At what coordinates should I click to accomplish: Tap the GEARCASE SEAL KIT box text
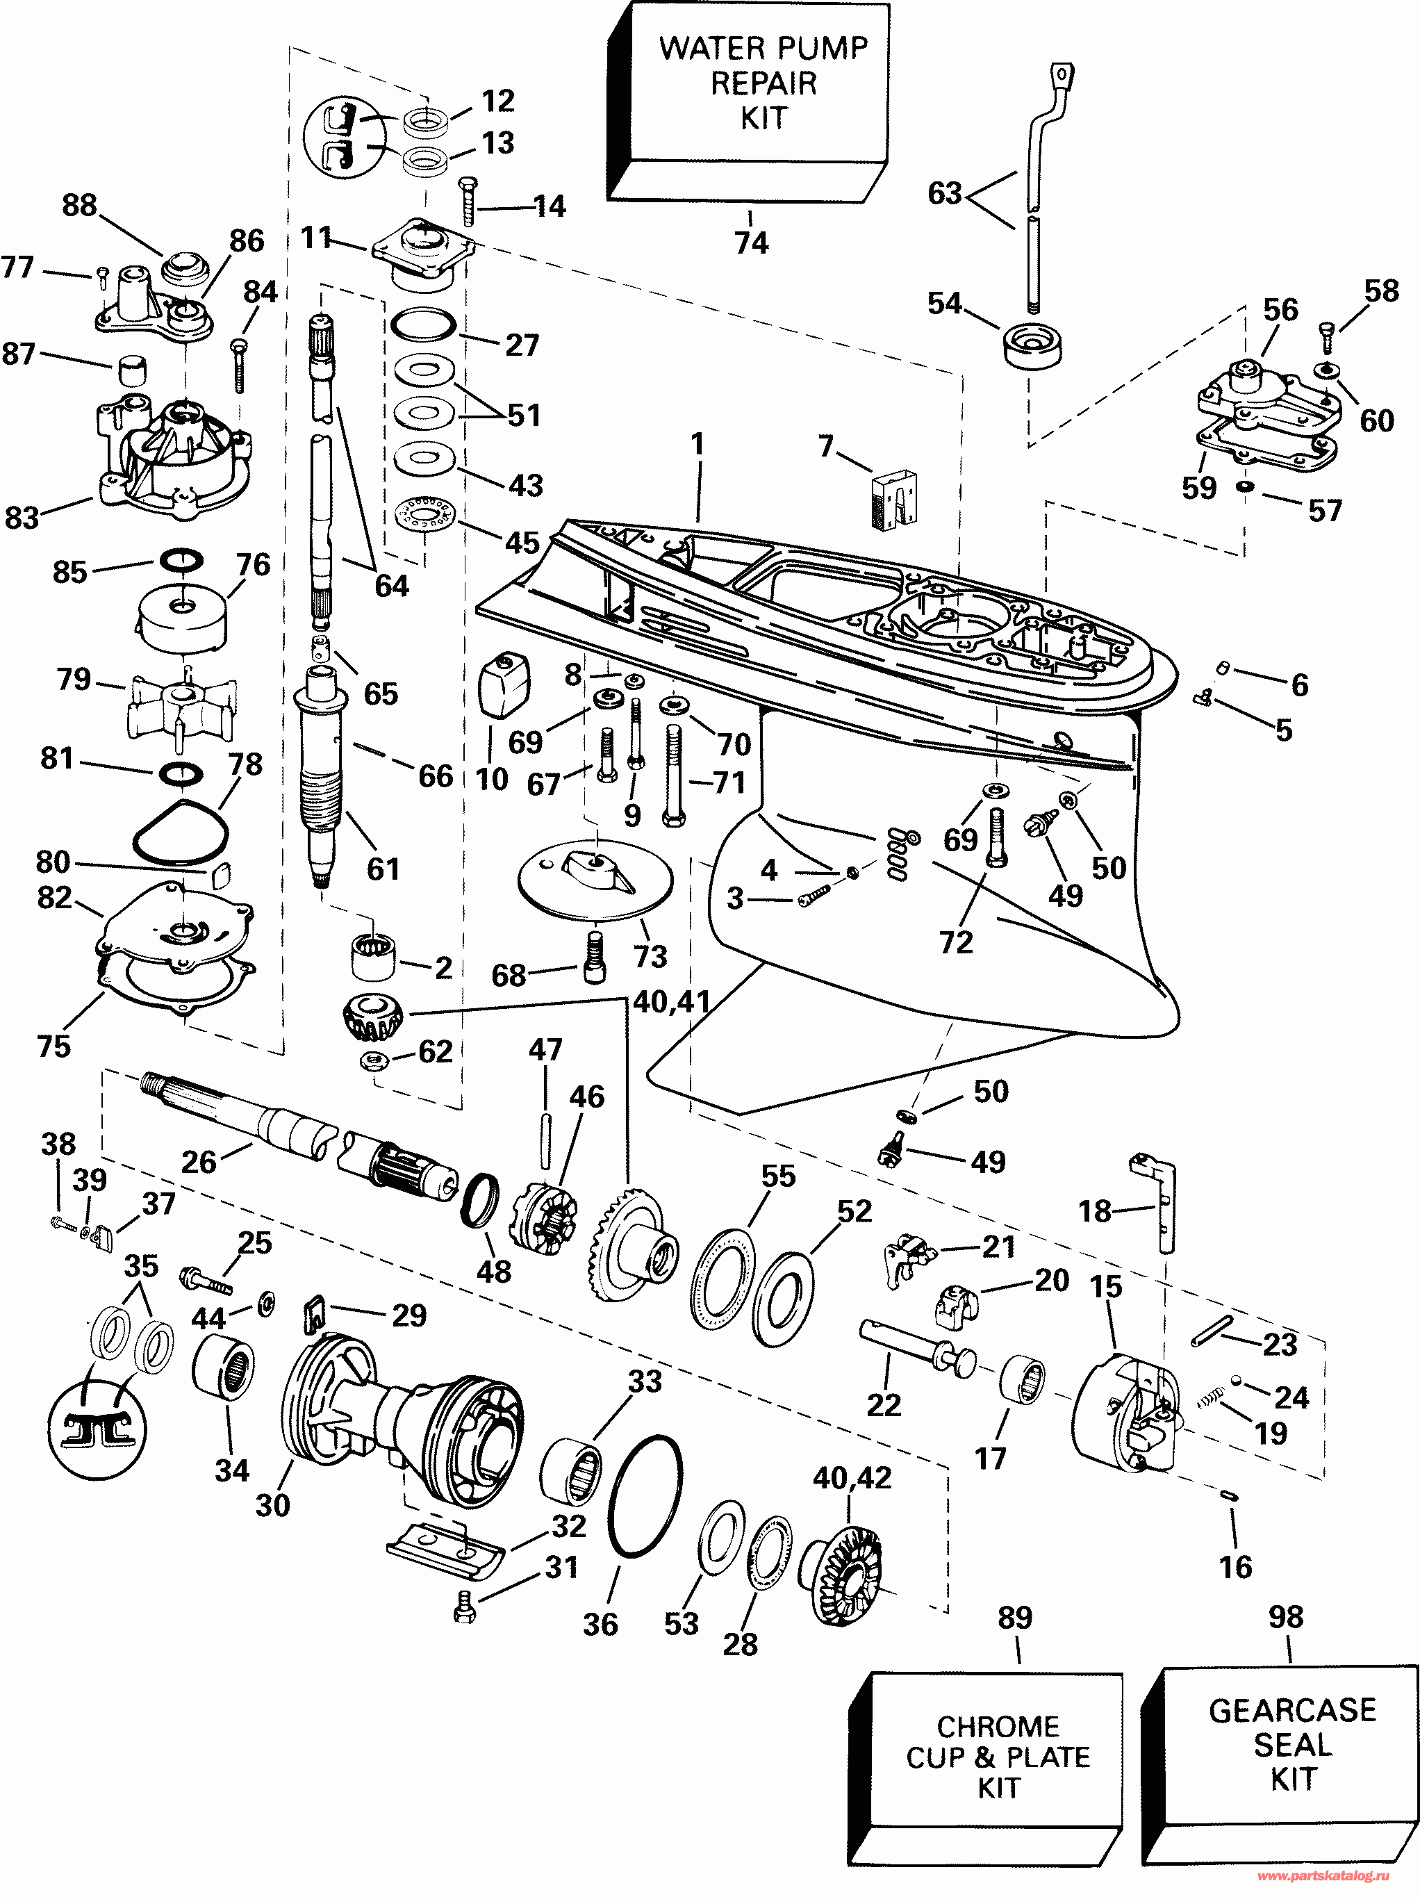1292,1744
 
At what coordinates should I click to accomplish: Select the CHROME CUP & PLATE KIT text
998,1757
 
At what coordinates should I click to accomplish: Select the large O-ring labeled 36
645,1495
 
